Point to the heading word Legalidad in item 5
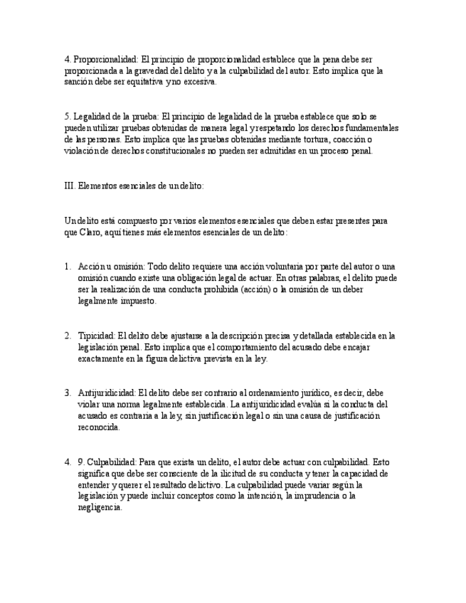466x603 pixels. click(x=90, y=117)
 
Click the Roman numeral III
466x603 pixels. click(x=70, y=186)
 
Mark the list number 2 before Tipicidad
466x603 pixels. click(x=68, y=336)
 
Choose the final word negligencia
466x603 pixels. click(x=100, y=508)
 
